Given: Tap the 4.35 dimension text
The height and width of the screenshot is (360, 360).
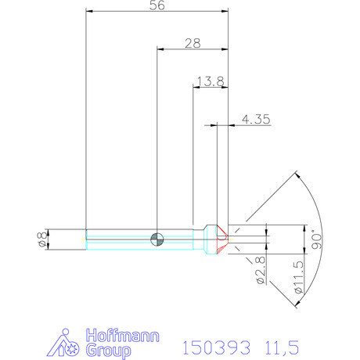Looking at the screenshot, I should coord(257,119).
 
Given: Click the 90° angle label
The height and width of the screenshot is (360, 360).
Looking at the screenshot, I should coord(317,239).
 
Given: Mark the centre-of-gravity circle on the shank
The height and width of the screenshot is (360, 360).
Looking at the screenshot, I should coord(158,238).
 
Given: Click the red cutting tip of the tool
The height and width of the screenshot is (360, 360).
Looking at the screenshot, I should coord(222,238).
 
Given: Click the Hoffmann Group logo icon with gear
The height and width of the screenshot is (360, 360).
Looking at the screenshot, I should coord(69,344).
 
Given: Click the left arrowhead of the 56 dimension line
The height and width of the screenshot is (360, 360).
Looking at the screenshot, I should coord(88,12).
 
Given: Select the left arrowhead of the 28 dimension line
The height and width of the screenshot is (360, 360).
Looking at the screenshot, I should coord(161,49).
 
